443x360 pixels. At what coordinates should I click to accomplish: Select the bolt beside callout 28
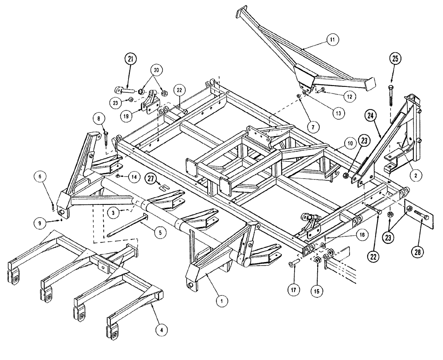pos(423,217)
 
